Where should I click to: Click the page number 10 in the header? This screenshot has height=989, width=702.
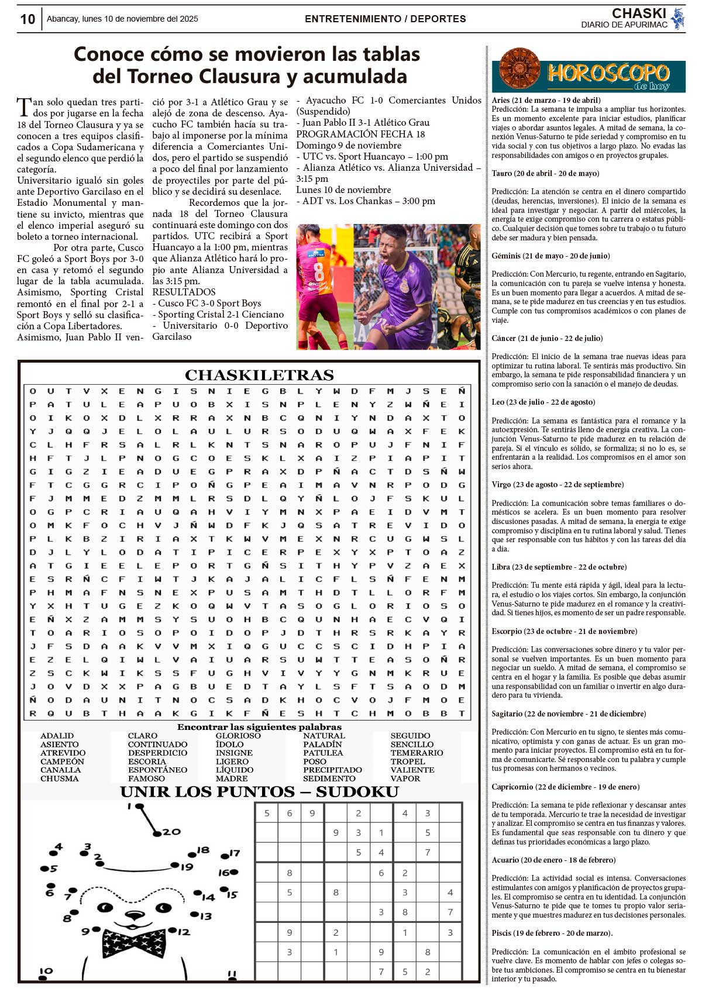(x=27, y=19)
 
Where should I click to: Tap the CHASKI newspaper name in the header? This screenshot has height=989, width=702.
(x=639, y=13)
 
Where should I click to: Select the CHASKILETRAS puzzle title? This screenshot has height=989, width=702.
(x=259, y=375)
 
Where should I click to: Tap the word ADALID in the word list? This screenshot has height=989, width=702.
(x=57, y=736)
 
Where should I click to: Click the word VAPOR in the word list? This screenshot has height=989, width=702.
(x=405, y=778)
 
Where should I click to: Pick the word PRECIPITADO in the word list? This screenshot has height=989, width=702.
(x=332, y=770)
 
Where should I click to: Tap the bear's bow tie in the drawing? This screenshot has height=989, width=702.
(x=134, y=943)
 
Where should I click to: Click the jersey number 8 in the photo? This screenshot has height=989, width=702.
(x=319, y=273)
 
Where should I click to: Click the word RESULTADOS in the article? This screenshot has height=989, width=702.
(x=184, y=292)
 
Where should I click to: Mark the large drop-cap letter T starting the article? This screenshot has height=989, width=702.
(x=24, y=108)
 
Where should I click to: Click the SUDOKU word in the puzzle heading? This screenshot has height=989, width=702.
(x=357, y=792)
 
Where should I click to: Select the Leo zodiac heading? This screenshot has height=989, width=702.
(x=498, y=402)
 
